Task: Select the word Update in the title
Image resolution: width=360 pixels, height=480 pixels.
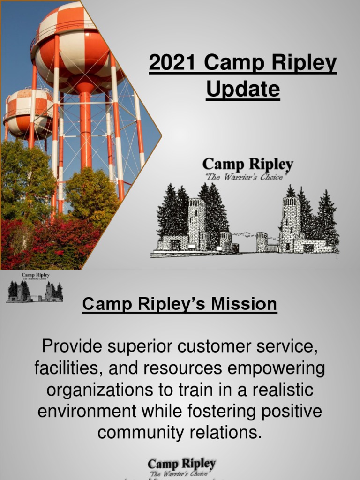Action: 243,89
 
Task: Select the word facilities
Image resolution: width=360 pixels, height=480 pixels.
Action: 68,369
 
